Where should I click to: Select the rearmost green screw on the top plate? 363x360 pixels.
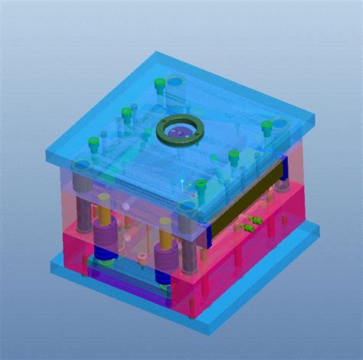click(x=159, y=83)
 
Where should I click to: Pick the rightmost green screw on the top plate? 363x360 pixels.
click(x=266, y=126)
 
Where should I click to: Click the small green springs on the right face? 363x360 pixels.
click(x=250, y=224)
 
